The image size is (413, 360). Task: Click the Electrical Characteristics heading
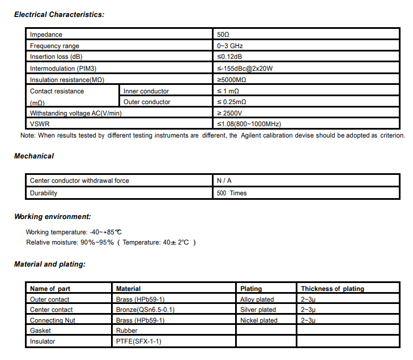pos(59,14)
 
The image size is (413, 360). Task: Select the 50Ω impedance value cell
pos(223,35)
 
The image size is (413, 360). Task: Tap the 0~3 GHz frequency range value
pos(230,46)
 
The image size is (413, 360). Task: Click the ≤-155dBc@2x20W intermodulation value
pos(245,68)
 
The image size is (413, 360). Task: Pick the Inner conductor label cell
pos(146,91)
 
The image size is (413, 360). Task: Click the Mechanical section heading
pos(34,156)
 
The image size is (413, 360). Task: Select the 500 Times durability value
pos(232,193)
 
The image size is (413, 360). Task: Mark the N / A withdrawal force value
pos(224,181)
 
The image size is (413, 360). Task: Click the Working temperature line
pos(74,232)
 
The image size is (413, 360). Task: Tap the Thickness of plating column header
pos(333,289)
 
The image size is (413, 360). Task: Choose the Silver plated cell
pos(258,310)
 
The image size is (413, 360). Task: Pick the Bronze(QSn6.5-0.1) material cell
pos(145,310)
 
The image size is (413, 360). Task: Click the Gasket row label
pos(40,331)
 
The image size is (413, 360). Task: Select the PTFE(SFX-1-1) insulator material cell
pos(139,341)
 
